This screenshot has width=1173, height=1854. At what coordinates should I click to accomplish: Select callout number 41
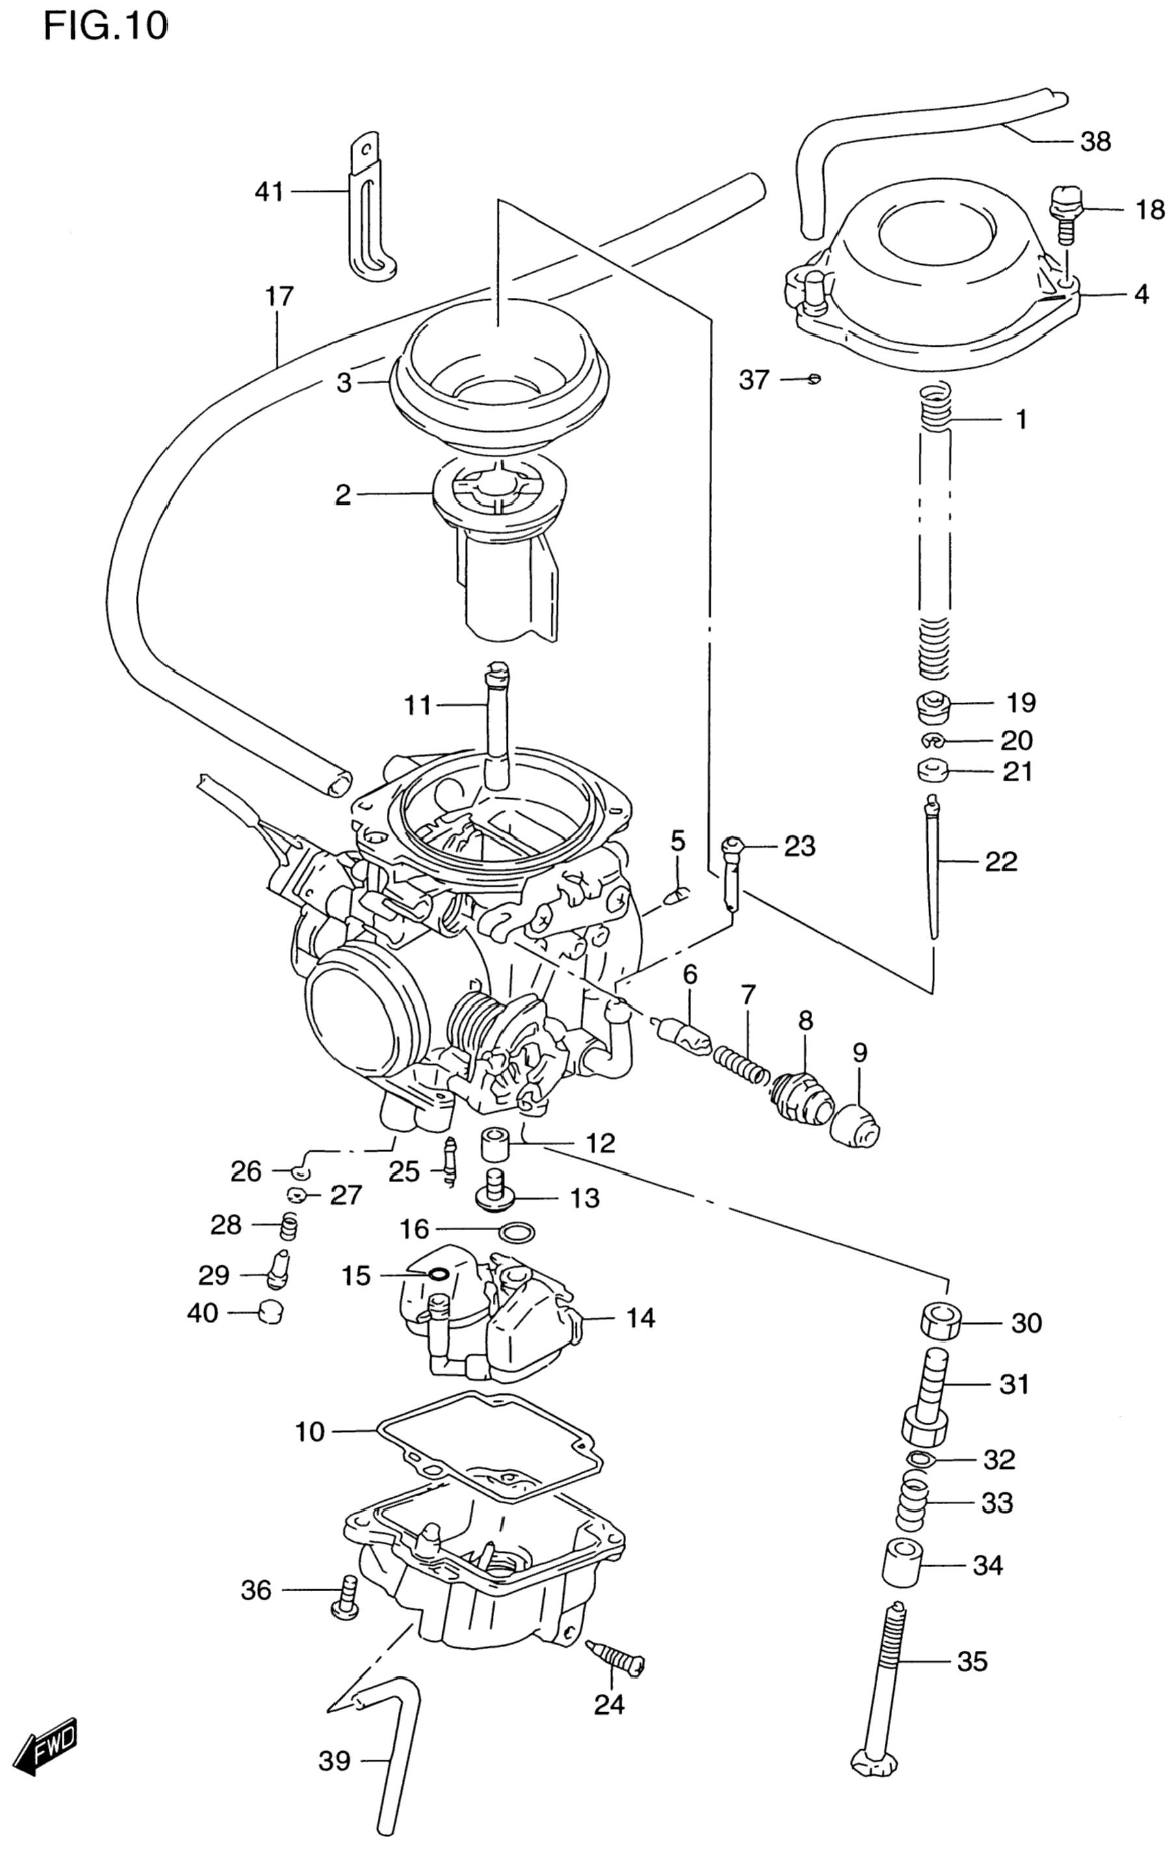click(x=269, y=191)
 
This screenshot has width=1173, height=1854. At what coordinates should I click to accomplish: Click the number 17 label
click(x=280, y=297)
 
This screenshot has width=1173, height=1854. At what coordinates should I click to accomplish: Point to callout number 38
click(x=1095, y=142)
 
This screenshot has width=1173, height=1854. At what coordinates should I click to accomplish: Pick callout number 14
click(x=640, y=1318)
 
